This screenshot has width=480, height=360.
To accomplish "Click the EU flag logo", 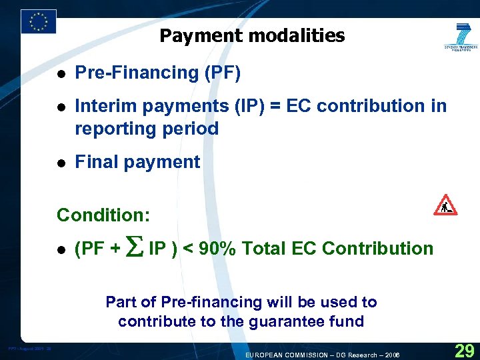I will tap(39, 21).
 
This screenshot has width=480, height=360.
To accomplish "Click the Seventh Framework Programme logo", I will tap(461, 37).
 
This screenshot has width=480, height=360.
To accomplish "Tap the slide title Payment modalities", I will tap(252, 35).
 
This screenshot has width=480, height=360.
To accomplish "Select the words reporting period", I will tap(147, 129).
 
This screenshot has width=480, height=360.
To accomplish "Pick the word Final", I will tap(95, 162).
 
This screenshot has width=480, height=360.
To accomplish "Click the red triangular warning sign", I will tap(445, 205).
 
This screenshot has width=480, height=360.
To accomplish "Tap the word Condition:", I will tap(103, 215).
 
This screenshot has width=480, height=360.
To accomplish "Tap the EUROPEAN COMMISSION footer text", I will tap(287, 355).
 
